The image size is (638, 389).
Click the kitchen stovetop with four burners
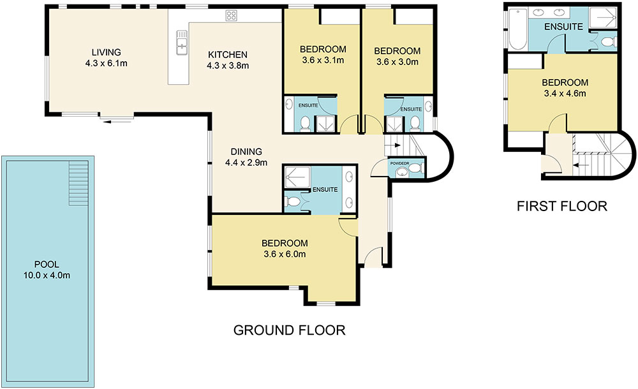tap(232, 16)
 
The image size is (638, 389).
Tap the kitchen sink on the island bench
tap(181, 42)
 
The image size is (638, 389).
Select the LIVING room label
tap(106, 52)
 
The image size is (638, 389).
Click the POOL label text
tap(47, 265)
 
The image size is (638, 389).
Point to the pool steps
tap(78, 183)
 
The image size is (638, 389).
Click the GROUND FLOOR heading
tap(289, 330)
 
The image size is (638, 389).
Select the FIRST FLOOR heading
tap(562, 207)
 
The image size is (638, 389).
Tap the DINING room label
tap(246, 152)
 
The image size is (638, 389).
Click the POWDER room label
tap(399, 163)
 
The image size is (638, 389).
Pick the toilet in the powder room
tap(415, 168)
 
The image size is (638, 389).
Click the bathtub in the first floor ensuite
tap(518, 28)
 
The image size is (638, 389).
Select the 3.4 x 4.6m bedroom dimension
tap(565, 94)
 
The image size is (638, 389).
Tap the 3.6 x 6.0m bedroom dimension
tap(285, 254)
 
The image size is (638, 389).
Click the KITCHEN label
tap(228, 55)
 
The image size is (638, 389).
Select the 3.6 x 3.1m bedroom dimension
tap(323, 61)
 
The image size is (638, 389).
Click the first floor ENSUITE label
tap(563, 27)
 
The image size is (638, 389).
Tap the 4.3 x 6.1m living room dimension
tap(106, 64)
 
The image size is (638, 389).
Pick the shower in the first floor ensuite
tap(604, 18)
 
